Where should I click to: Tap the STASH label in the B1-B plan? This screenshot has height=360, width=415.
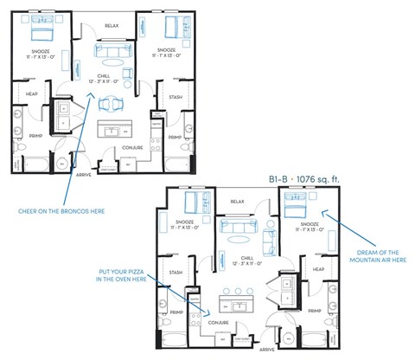pos(176,272)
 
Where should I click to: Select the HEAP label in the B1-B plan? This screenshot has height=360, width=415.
pos(318,269)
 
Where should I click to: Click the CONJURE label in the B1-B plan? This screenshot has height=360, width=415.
pos(220,322)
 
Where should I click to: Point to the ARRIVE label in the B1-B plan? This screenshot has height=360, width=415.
pos(267,350)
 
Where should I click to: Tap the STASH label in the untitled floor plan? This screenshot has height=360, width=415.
pos(176,97)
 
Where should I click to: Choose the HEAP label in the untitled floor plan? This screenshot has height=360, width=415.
pos(31,93)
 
